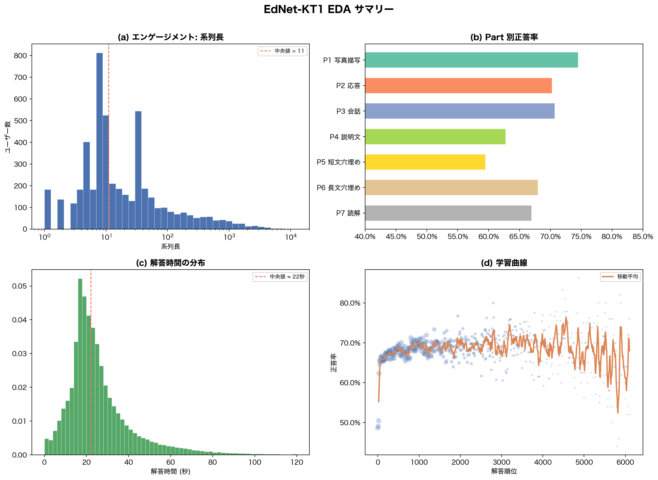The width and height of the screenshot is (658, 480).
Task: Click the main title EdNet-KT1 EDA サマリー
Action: [328, 10]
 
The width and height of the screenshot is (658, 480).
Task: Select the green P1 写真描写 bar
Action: [471, 60]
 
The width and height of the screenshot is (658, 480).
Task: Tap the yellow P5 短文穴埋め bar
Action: [425, 162]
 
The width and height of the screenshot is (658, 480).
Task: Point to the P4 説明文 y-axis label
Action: [345, 137]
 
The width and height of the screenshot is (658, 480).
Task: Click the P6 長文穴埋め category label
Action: [338, 188]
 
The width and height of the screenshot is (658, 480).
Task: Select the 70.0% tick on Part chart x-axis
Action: [550, 237]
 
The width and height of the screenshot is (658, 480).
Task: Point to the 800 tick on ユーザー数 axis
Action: [20, 55]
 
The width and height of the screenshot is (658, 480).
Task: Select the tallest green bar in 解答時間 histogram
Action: [80, 366]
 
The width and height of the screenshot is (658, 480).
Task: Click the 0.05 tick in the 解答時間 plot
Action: [19, 286]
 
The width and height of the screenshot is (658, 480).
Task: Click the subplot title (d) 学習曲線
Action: [504, 263]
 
